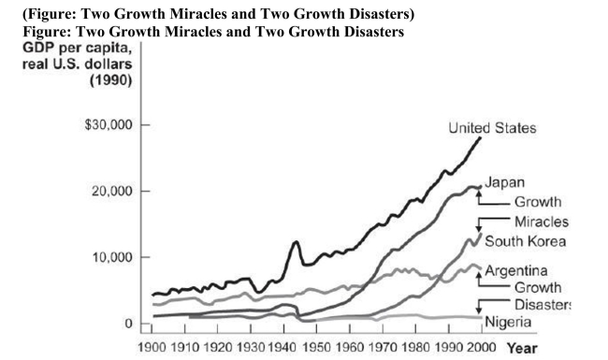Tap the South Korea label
click(x=526, y=241)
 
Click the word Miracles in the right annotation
click(x=541, y=221)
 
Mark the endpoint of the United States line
click(x=480, y=137)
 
